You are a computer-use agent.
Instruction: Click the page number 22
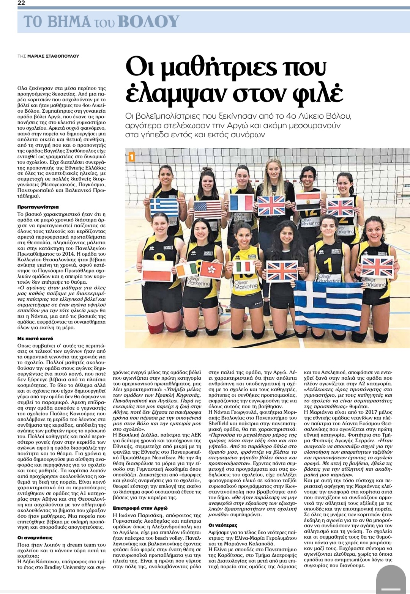tap(21, 3)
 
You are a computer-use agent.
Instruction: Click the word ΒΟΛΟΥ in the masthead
tap(148, 22)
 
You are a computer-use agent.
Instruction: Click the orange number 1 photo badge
tap(131, 156)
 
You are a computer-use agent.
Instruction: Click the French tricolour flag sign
tap(241, 203)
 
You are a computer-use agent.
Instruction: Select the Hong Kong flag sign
tap(212, 270)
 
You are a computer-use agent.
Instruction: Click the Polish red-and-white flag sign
tap(158, 270)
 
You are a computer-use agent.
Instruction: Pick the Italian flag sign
tap(243, 267)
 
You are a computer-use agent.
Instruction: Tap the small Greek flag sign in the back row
tap(164, 207)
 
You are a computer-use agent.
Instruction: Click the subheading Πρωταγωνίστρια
tap(38, 207)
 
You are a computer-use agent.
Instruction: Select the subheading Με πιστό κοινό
tap(35, 338)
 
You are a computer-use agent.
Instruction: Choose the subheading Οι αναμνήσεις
tap(35, 538)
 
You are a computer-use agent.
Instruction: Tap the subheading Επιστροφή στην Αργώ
tap(140, 508)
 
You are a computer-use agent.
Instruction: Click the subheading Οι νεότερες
tap(223, 525)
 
